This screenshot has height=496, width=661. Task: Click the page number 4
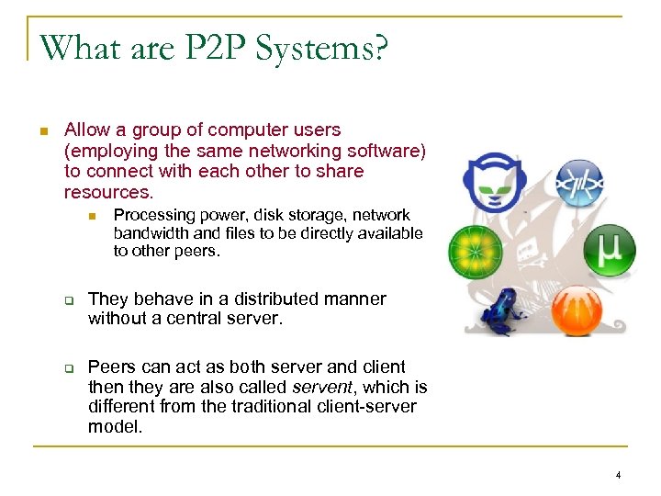pyautogui.click(x=618, y=475)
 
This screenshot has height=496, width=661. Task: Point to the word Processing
pyautogui.click(x=153, y=215)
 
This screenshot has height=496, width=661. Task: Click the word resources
pyautogui.click(x=107, y=192)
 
